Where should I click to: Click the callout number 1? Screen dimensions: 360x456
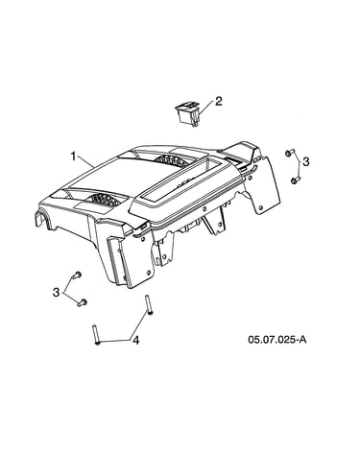click(73, 156)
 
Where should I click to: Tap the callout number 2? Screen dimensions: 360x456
click(219, 102)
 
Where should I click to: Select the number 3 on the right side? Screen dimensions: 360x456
click(306, 161)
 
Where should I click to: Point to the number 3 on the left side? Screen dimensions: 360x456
click(57, 292)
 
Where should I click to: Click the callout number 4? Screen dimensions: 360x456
click(136, 341)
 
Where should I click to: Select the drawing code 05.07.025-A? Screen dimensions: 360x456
click(277, 339)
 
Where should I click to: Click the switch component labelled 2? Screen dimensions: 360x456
click(187, 114)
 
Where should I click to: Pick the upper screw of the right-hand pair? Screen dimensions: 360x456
click(290, 153)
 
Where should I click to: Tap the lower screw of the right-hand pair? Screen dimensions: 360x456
click(295, 180)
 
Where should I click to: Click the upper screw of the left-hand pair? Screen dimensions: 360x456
click(77, 275)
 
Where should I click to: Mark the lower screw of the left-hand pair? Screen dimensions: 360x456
click(83, 301)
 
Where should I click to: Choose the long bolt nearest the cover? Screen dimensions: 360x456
click(149, 305)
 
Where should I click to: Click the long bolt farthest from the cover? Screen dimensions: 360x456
click(96, 335)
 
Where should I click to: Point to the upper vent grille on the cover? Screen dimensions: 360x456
click(170, 159)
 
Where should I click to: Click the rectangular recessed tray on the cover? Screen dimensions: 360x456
click(180, 182)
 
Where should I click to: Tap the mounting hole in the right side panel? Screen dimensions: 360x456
click(261, 207)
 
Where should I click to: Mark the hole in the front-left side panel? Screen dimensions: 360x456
click(148, 273)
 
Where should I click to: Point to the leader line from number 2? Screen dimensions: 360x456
click(206, 108)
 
